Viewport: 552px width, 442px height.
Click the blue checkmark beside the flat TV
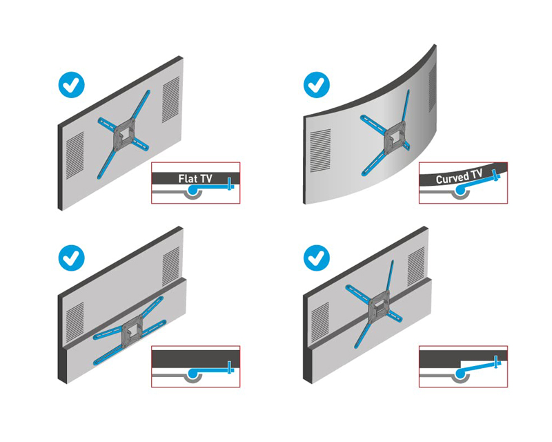pyautogui.click(x=72, y=85)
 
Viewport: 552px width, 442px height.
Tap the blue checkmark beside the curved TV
pyautogui.click(x=317, y=85)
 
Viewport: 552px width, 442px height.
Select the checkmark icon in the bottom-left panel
pyautogui.click(x=72, y=258)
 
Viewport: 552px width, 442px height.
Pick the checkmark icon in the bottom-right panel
pyautogui.click(x=317, y=258)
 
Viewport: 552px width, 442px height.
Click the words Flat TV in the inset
pyautogui.click(x=195, y=179)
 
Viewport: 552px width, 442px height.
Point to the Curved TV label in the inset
pyautogui.click(x=459, y=176)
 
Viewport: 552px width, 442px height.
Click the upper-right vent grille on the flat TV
pyautogui.click(x=170, y=99)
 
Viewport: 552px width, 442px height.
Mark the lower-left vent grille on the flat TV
pyautogui.click(x=75, y=155)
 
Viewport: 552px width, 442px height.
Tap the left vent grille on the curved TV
pyautogui.click(x=320, y=151)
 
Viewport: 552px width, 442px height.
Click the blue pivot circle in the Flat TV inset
pyautogui.click(x=193, y=190)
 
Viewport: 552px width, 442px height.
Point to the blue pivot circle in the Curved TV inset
pyautogui.click(x=460, y=190)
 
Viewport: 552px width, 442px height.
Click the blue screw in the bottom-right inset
pyautogui.click(x=497, y=362)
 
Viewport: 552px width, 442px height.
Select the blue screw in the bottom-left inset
pyautogui.click(x=230, y=367)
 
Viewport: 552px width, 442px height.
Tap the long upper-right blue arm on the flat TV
pyautogui.click(x=141, y=105)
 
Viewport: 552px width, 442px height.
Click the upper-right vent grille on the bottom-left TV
pyautogui.click(x=170, y=266)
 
